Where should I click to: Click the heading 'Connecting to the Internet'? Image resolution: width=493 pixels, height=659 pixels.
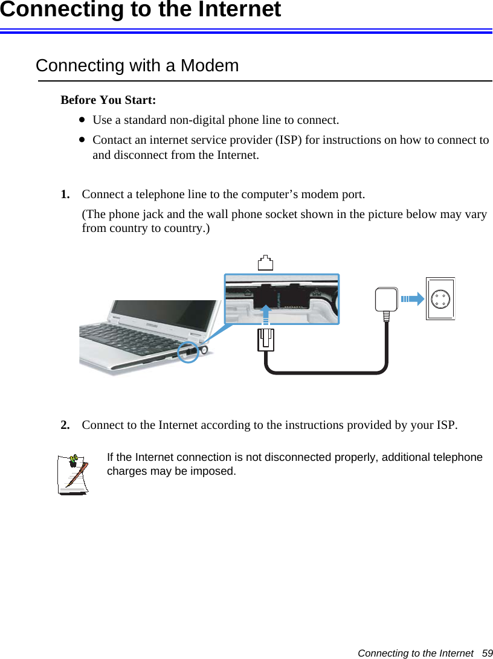(x=140, y=10)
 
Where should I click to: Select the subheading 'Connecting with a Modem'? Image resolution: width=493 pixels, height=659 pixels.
(x=137, y=65)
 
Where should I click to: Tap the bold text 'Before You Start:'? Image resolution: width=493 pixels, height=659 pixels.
(x=108, y=100)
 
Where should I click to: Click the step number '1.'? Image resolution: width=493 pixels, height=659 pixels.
(x=65, y=194)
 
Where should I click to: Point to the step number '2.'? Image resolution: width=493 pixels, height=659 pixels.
(x=65, y=425)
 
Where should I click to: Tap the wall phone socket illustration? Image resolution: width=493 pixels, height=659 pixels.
(x=440, y=298)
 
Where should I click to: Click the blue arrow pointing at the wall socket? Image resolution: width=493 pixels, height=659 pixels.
(x=412, y=298)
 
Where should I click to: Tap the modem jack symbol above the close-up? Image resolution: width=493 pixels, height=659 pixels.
(x=265, y=263)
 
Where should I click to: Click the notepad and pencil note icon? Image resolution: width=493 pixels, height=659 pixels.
(x=73, y=474)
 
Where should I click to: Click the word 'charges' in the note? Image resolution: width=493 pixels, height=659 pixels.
(x=125, y=471)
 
